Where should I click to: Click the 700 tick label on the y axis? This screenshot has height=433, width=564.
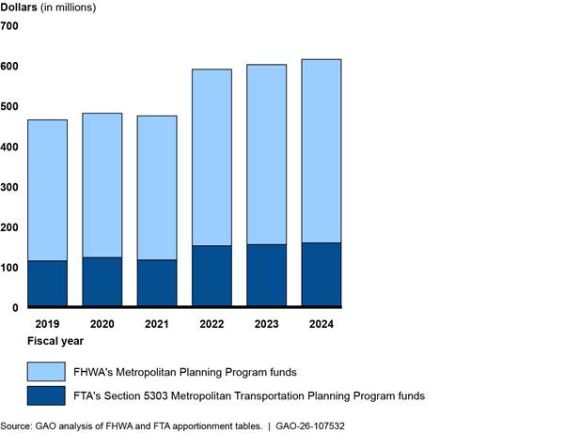coord(9,26)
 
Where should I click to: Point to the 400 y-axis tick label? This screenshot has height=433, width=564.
coord(9,147)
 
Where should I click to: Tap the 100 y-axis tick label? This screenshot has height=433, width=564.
coord(9,268)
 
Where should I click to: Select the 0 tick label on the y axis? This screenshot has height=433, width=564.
coord(15,308)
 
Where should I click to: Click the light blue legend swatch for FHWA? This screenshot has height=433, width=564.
coord(46,371)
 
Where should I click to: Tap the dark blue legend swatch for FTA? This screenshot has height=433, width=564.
coord(46,396)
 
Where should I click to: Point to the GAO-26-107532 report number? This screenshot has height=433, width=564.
coord(309,425)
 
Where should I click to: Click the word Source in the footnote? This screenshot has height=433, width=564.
coord(16,425)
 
